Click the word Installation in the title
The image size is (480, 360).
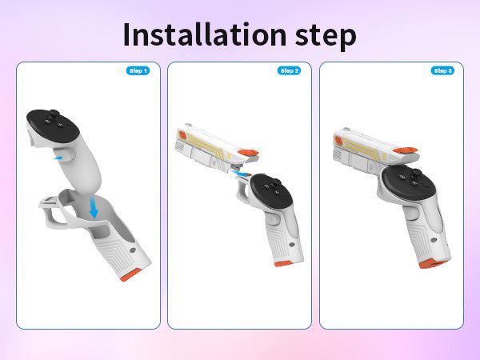(205, 34)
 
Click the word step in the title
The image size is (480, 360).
(326, 37)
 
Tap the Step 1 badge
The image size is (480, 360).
(138, 70)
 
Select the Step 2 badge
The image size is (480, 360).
(290, 70)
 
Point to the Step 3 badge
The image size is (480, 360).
(442, 70)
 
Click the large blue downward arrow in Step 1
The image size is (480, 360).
(94, 208)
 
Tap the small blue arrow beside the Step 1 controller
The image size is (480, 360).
(58, 158)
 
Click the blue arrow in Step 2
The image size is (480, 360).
(240, 174)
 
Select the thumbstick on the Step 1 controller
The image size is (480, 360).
(54, 114)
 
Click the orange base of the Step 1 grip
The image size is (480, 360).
(130, 275)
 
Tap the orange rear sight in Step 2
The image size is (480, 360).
(248, 152)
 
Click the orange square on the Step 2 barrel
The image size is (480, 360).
(182, 135)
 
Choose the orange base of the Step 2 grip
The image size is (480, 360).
(283, 264)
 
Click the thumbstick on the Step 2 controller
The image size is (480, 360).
(277, 182)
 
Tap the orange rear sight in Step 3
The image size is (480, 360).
(406, 150)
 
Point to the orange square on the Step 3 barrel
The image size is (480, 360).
(338, 141)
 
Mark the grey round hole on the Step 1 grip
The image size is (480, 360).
(133, 250)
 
